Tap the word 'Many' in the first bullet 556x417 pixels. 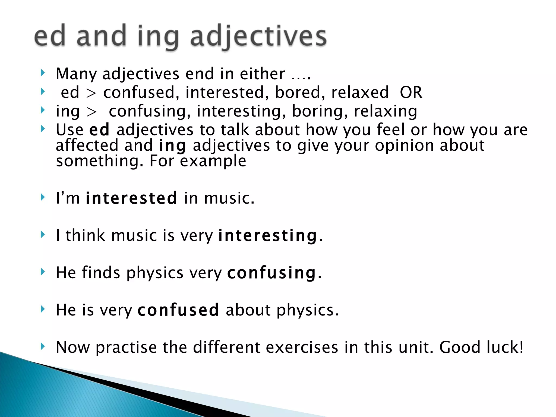[x=76, y=74]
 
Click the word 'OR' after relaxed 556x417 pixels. [x=411, y=92]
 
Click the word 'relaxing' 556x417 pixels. [x=386, y=111]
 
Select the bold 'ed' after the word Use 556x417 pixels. [x=99, y=130]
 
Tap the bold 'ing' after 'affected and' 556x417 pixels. [x=172, y=146]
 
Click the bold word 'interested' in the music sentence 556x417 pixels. [x=131, y=198]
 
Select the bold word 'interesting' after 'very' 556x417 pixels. [x=268, y=235]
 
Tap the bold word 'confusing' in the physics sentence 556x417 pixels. [x=272, y=273]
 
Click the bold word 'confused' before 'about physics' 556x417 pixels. [x=178, y=310]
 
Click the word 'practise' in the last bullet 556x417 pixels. [x=126, y=347]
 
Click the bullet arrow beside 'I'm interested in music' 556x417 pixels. [x=42, y=197]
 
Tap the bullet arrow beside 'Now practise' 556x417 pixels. [x=42, y=346]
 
